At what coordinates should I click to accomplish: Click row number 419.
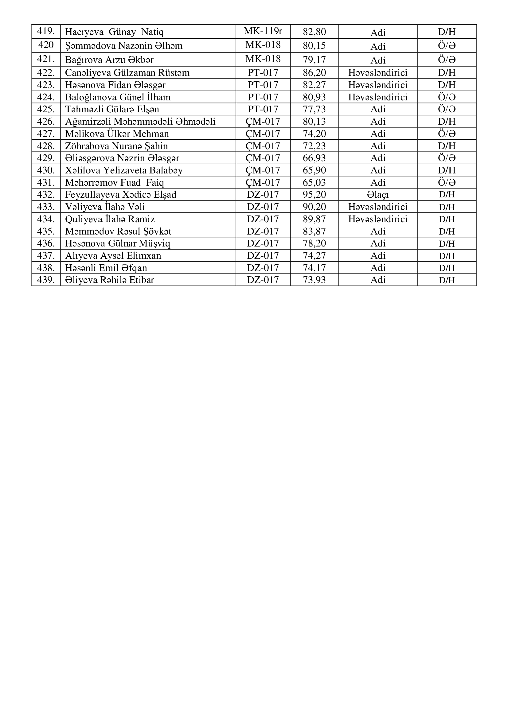coord(46,31)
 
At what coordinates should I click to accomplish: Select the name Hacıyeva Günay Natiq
coord(114,32)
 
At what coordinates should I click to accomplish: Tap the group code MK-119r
coord(263,31)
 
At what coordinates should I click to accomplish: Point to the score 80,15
coord(314,46)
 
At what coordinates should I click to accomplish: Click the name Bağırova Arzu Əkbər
coord(109,60)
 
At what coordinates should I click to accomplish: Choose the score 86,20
coord(314,72)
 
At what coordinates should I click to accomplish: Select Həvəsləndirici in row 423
coord(377,85)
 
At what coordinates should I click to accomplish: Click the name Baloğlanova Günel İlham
coord(118,97)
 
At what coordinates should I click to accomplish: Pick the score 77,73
coord(314,109)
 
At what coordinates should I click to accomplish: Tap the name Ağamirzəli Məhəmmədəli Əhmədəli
coord(140,121)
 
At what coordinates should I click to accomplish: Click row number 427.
coord(46,134)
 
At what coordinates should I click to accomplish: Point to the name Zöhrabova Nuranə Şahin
coord(116,146)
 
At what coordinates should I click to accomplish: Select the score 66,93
coord(314,158)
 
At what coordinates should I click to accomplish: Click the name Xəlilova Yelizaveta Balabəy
coord(123,170)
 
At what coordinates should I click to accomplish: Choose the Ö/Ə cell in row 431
coord(446,182)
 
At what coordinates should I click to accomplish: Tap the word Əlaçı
coord(377,195)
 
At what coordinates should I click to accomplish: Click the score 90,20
coord(314,207)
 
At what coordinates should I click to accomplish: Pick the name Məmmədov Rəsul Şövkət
coord(118,231)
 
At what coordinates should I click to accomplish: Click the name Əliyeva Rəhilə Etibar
coord(109,280)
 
